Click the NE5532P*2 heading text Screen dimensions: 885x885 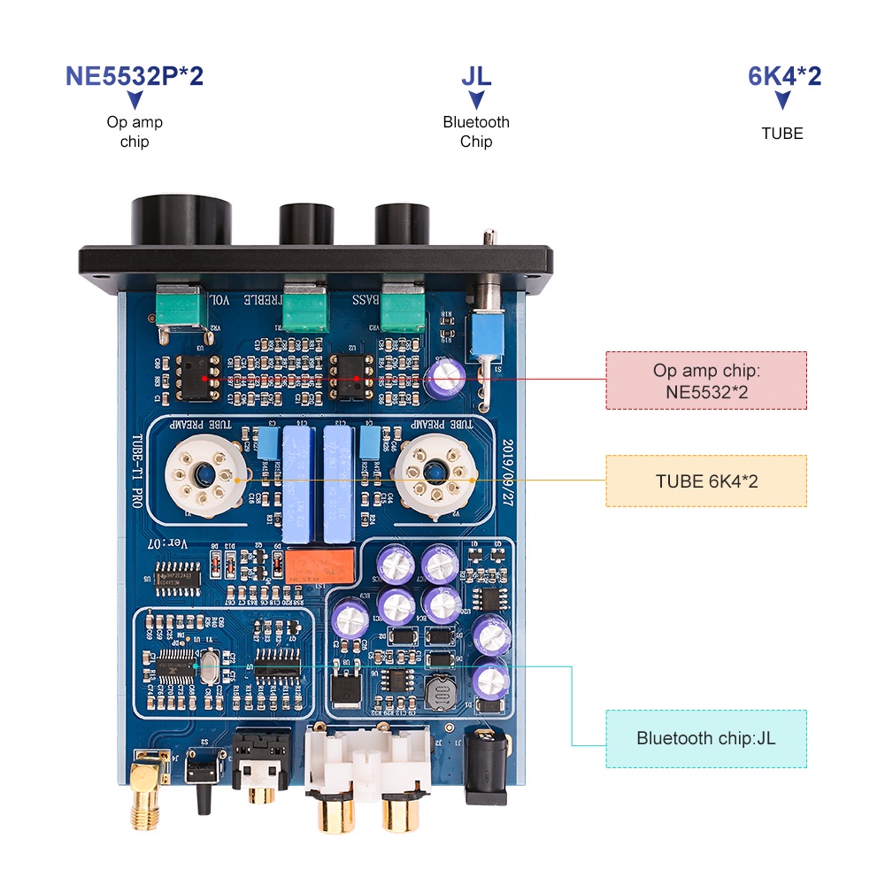coord(135,75)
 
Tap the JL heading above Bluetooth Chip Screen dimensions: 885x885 coord(476,75)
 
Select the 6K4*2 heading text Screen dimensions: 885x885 coord(784,75)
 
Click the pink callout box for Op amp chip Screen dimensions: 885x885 coord(705,381)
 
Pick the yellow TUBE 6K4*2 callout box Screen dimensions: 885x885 coord(705,481)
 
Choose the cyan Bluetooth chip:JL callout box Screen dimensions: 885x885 coord(705,738)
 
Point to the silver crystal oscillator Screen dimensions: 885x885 coord(210,666)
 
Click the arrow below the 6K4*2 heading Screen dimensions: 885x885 coord(782,101)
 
